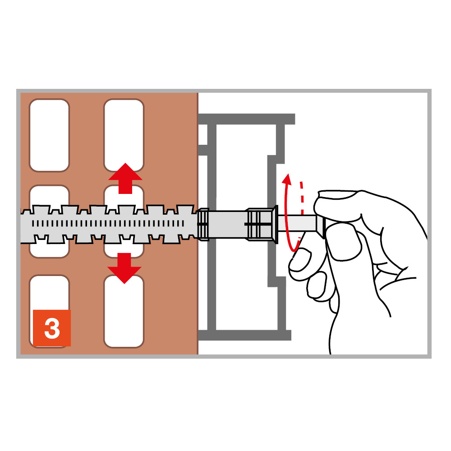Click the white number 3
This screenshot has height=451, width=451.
(52, 328)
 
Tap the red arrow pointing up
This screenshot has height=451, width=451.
(125, 178)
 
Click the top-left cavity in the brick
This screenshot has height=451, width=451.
(49, 135)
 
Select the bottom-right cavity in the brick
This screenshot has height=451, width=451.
(124, 311)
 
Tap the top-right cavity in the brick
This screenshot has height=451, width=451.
(124, 135)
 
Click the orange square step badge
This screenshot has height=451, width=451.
(52, 328)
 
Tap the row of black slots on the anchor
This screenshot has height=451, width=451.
(108, 224)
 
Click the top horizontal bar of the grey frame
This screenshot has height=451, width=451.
(247, 119)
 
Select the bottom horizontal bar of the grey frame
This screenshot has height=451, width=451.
(245, 335)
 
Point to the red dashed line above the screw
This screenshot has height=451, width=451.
(301, 198)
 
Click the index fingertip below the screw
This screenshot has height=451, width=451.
(299, 260)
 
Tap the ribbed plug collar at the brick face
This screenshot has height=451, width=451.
(203, 224)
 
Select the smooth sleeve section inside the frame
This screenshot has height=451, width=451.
(227, 224)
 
